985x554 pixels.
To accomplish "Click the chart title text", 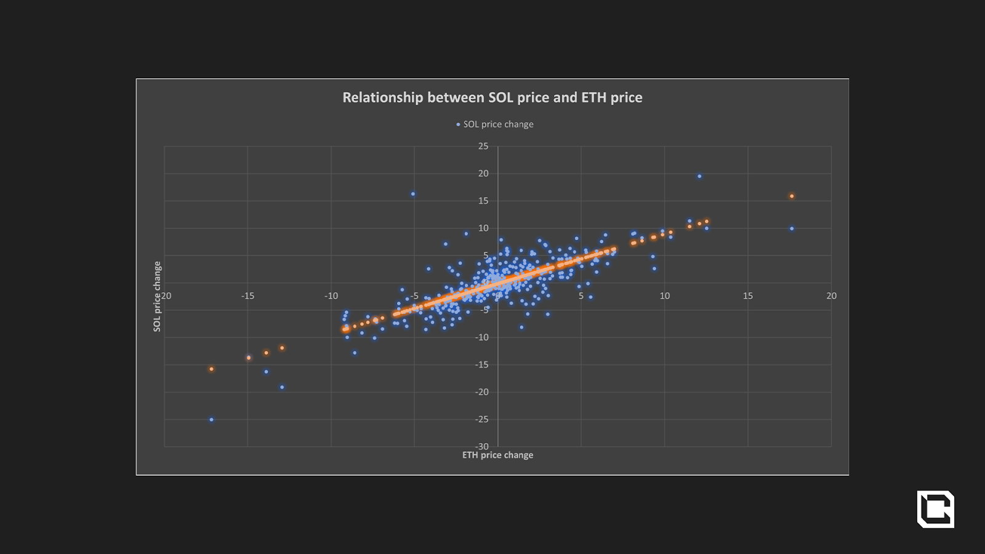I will point(492,98).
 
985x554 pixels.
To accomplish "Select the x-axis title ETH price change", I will point(497,455).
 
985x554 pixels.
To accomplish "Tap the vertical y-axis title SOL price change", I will point(157,296).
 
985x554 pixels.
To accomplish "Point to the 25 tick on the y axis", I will point(483,147).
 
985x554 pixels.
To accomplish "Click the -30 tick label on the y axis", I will point(482,446).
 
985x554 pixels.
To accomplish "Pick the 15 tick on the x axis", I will point(747,296).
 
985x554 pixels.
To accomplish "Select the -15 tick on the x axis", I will point(247,296).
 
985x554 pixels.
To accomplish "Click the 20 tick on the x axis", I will point(831,296).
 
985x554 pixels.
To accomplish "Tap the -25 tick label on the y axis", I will point(482,419).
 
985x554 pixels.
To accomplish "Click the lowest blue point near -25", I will point(211,420).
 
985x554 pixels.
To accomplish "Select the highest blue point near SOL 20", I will point(699,177).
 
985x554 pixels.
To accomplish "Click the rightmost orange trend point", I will point(792,196).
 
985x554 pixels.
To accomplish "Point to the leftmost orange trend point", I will point(211,369).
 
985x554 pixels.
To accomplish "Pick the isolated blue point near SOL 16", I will point(412,195).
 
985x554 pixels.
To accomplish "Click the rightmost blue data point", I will point(792,229).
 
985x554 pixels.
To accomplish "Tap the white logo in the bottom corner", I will point(935,509).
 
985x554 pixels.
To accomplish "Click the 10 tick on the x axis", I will point(665,296).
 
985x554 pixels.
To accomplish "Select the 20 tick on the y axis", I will point(483,174).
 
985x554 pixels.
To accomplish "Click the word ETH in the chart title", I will point(593,98).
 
